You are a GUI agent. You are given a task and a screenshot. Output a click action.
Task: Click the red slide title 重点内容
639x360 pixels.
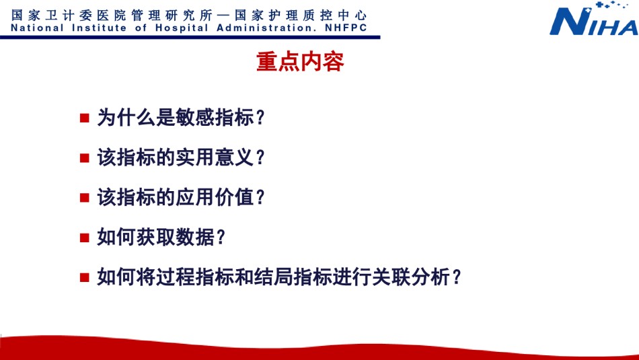point(300,62)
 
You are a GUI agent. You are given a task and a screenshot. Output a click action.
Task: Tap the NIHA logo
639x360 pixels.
point(593,19)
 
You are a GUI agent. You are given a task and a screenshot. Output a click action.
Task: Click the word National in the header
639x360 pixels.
point(37,28)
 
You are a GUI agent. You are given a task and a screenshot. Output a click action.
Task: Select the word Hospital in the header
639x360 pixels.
point(182,28)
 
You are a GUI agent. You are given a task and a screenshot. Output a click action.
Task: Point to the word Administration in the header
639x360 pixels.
point(264,28)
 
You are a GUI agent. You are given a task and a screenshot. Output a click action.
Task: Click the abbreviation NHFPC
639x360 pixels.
point(346,28)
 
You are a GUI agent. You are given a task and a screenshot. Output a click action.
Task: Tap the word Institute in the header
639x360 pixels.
point(99,28)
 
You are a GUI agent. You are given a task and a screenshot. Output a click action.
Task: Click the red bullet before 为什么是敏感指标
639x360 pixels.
point(84,118)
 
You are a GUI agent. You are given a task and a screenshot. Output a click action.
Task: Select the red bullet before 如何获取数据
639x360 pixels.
point(84,238)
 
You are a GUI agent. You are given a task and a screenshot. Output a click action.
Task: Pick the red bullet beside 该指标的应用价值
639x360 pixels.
point(84,198)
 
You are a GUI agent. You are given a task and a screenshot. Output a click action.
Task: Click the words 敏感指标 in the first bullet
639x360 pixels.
point(215,117)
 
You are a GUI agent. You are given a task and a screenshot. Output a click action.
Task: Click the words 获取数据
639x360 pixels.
point(176,237)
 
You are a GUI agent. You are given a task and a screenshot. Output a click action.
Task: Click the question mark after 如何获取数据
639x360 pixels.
point(221,238)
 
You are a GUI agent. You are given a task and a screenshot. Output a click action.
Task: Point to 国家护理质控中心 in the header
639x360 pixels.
point(301,15)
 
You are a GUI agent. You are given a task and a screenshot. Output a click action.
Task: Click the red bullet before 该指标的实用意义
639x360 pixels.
point(84,158)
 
